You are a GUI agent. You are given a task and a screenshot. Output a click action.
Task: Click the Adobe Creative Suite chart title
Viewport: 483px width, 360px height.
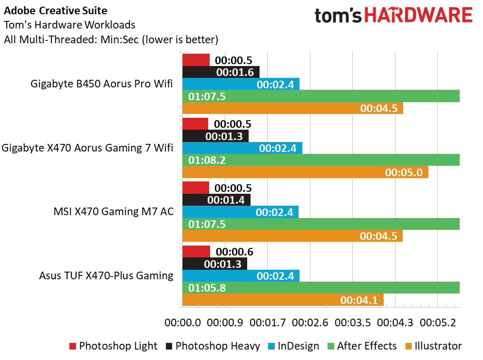56,11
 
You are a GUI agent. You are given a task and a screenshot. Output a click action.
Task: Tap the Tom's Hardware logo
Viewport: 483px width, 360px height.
393,15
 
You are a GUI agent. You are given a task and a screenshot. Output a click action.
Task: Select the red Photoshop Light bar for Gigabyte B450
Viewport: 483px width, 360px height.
196,60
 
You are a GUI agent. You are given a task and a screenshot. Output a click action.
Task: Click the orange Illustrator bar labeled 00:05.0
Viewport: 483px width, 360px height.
305,172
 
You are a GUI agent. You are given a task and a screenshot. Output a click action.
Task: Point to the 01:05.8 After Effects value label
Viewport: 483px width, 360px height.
207,288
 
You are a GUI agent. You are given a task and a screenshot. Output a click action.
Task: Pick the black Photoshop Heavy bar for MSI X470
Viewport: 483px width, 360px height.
216,200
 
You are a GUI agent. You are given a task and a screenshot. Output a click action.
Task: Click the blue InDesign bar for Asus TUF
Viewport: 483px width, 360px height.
241,275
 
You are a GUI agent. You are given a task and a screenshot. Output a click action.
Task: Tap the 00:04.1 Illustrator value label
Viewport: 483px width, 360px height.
359,300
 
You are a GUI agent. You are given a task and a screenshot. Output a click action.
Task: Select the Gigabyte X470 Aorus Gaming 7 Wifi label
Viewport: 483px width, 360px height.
87,148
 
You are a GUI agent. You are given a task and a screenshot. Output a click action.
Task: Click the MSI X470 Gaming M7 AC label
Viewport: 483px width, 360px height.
113,212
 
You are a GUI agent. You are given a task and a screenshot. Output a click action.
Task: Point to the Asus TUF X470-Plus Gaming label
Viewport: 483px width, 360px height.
106,275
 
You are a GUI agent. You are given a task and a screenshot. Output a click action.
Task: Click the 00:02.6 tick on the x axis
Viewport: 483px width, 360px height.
310,323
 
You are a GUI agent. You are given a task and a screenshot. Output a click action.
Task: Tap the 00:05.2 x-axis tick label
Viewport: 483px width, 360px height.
438,323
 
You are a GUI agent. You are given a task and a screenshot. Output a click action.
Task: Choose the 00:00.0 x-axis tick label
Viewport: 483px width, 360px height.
183,323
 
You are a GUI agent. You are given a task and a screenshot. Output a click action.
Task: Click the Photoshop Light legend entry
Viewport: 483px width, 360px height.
113,346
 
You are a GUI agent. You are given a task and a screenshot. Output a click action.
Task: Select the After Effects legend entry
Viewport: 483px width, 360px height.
362,346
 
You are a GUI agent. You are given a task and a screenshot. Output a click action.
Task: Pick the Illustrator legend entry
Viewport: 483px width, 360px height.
434,346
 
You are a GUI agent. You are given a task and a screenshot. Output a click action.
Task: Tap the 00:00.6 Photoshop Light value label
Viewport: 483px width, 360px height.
234,252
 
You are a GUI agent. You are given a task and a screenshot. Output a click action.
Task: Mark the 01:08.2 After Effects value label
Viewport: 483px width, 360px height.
207,161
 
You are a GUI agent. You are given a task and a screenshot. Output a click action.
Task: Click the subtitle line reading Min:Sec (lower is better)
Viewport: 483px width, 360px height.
159,40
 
